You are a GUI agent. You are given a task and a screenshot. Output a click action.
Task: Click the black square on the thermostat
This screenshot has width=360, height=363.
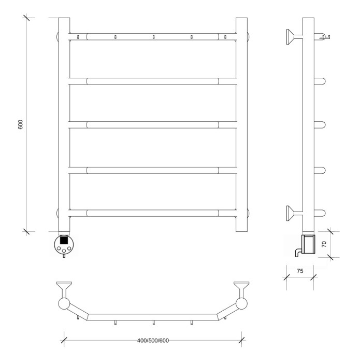pos(64,240)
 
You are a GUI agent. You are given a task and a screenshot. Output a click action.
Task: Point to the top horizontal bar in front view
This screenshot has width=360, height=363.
pos(153,37)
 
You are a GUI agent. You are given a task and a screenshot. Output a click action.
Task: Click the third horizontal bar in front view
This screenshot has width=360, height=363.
pos(153,124)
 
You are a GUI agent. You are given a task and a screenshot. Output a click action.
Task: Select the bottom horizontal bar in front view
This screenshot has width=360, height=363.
pos(153,213)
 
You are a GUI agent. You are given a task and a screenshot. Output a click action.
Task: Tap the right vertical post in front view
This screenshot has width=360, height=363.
pos(242,124)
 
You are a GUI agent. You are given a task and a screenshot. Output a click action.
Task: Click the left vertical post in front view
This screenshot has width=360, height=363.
pos(64,124)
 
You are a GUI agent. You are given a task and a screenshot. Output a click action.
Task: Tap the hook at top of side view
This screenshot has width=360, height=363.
pos(325,36)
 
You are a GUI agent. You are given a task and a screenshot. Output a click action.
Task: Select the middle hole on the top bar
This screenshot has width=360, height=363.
pos(153,37)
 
